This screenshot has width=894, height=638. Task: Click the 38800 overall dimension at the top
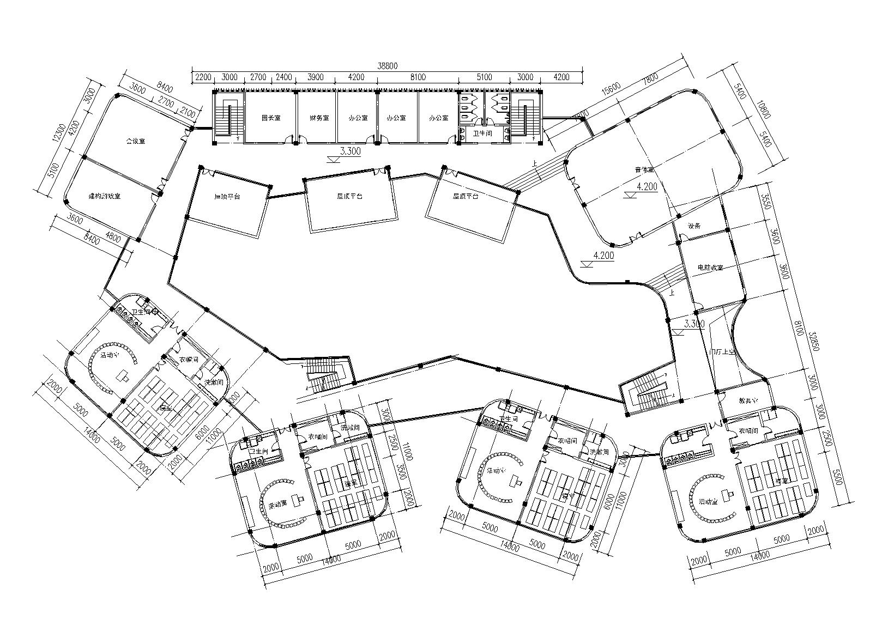click(x=388, y=65)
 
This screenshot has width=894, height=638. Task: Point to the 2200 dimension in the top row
click(x=202, y=77)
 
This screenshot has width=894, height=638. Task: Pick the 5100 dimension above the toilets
click(x=484, y=77)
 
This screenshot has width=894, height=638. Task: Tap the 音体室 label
click(x=644, y=171)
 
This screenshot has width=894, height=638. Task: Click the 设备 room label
click(x=694, y=226)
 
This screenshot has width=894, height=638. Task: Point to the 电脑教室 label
click(x=710, y=268)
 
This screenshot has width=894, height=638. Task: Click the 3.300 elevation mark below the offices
click(x=350, y=151)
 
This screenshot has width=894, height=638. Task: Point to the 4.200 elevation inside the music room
click(x=647, y=186)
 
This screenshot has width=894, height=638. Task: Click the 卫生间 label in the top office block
click(x=482, y=133)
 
